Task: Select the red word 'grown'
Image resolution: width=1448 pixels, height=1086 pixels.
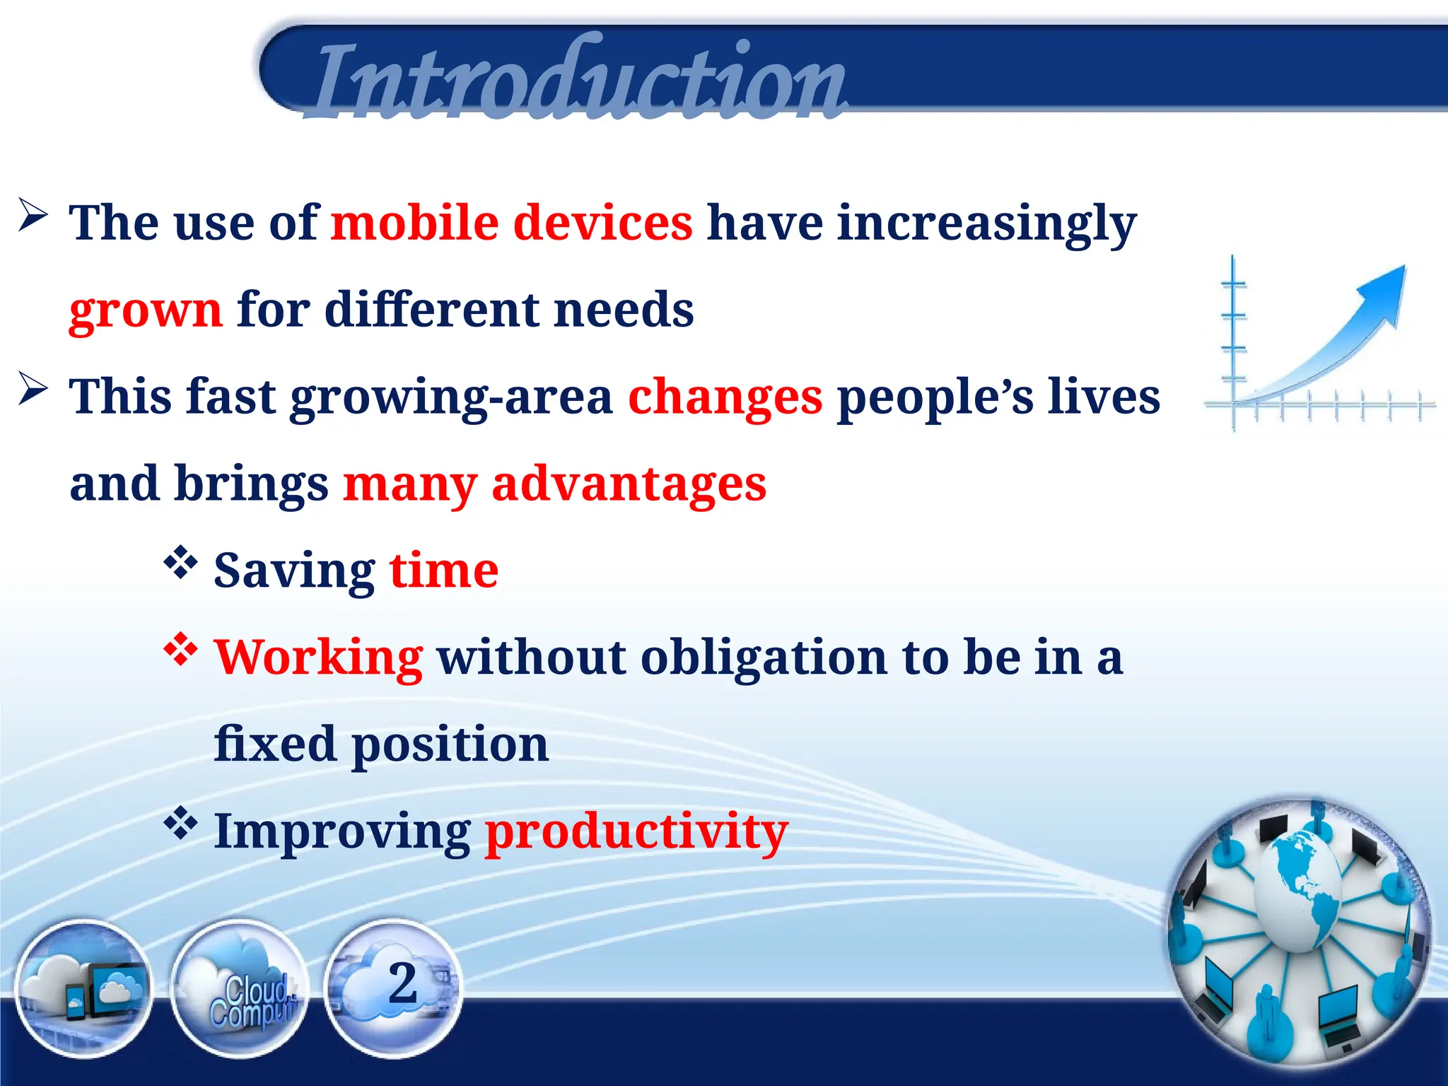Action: (x=146, y=311)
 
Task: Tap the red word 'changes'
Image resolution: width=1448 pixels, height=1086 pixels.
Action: (x=725, y=397)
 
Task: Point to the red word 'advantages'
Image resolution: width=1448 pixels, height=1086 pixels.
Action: (x=629, y=484)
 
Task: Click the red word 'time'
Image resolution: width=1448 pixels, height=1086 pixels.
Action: (x=444, y=571)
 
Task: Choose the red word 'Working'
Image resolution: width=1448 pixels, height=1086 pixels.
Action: (x=319, y=658)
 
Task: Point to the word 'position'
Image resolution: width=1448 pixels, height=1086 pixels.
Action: (x=450, y=745)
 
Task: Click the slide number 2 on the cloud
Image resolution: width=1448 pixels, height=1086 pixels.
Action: (x=402, y=982)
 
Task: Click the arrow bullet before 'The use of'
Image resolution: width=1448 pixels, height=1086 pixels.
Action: (x=33, y=214)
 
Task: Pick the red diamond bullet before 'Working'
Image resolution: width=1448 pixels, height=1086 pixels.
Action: (x=180, y=649)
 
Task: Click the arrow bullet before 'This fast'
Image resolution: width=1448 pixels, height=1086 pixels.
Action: (x=33, y=388)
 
